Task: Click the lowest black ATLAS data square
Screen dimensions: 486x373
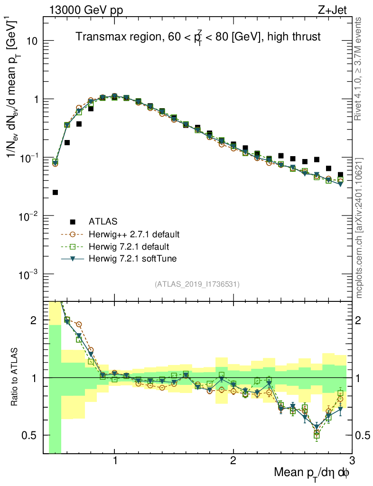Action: [55, 192]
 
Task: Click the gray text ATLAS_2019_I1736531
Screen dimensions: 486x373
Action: [197, 284]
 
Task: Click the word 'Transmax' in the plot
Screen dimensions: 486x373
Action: [98, 37]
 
